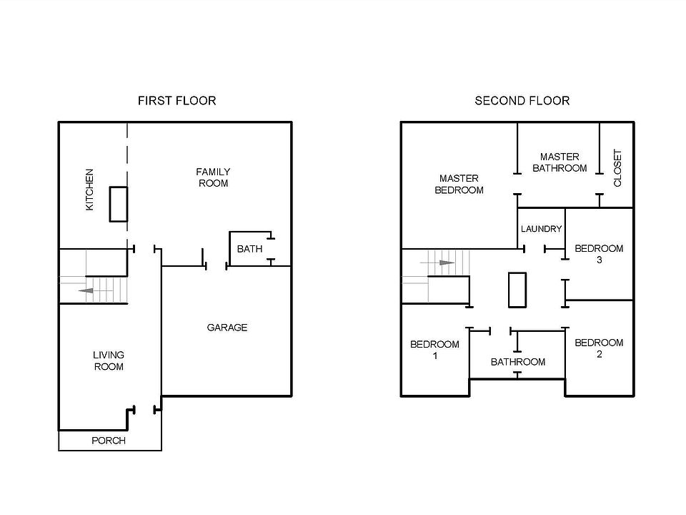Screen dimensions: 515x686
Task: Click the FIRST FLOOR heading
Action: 177,101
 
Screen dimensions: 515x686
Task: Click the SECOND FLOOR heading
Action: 522,101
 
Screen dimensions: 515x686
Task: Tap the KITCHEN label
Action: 90,190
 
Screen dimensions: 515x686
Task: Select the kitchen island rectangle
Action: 118,204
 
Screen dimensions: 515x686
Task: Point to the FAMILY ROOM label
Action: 213,177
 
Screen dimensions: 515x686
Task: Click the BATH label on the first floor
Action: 249,249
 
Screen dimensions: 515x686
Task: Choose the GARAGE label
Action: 227,328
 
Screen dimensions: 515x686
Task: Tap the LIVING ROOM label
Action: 109,360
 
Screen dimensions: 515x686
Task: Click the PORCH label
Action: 109,441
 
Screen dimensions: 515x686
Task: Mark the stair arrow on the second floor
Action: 446,263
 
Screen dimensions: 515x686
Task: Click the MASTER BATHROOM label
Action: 560,162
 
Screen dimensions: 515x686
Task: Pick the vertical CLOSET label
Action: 618,168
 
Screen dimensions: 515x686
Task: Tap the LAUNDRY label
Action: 541,229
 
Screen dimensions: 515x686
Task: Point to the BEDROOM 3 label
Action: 599,254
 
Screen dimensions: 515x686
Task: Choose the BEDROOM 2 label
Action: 599,348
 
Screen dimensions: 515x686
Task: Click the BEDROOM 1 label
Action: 434,350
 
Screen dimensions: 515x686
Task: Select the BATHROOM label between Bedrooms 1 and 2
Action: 517,362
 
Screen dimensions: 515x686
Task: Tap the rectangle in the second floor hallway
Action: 517,289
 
